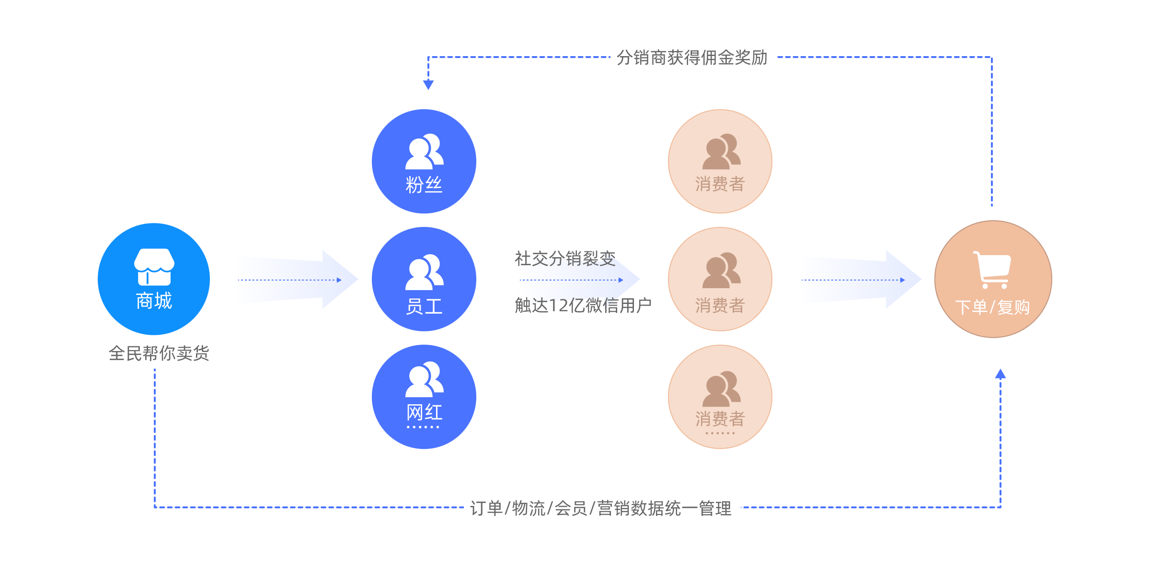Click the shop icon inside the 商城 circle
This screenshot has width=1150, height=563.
click(x=154, y=267)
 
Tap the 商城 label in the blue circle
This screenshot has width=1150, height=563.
click(x=154, y=301)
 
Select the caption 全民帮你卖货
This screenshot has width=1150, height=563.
click(x=159, y=353)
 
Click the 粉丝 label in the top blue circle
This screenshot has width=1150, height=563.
click(x=424, y=185)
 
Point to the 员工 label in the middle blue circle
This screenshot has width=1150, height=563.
click(x=424, y=306)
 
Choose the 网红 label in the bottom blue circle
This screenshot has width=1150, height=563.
click(x=424, y=412)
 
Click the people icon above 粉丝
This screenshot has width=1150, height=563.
click(x=425, y=152)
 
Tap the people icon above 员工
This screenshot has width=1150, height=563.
click(x=425, y=272)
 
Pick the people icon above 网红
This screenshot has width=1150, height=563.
click(x=425, y=379)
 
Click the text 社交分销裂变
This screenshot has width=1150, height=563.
click(x=565, y=258)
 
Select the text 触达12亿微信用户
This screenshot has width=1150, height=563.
click(x=583, y=305)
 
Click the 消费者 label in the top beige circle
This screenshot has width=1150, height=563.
click(x=720, y=184)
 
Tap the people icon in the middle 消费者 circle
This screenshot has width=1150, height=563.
click(x=721, y=270)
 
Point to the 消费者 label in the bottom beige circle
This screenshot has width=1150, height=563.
click(x=720, y=419)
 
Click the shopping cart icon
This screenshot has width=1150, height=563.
click(x=992, y=270)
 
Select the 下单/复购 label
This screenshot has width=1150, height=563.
click(x=992, y=307)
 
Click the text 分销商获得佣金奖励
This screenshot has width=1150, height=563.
click(x=692, y=58)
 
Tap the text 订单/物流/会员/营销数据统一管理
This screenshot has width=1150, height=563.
click(x=600, y=508)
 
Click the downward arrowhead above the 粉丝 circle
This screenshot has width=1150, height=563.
click(x=428, y=85)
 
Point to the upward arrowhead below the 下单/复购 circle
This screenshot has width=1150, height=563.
click(x=1000, y=374)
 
